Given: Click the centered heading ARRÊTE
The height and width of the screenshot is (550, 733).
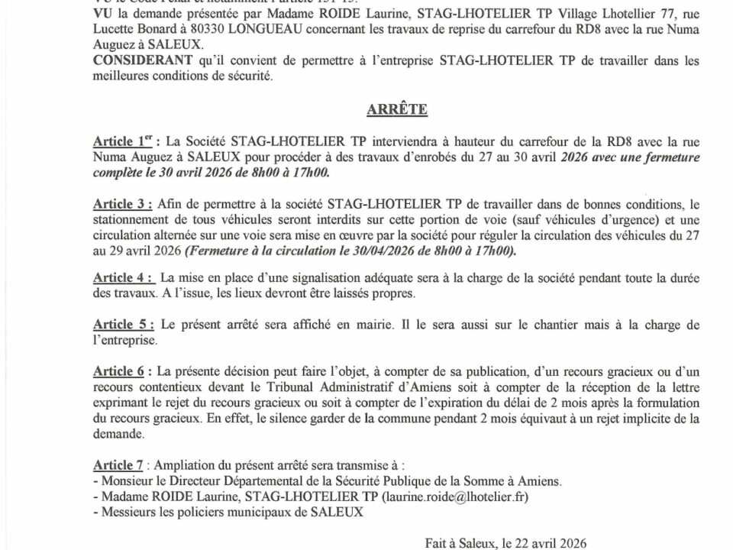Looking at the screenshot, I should click(398, 110).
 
